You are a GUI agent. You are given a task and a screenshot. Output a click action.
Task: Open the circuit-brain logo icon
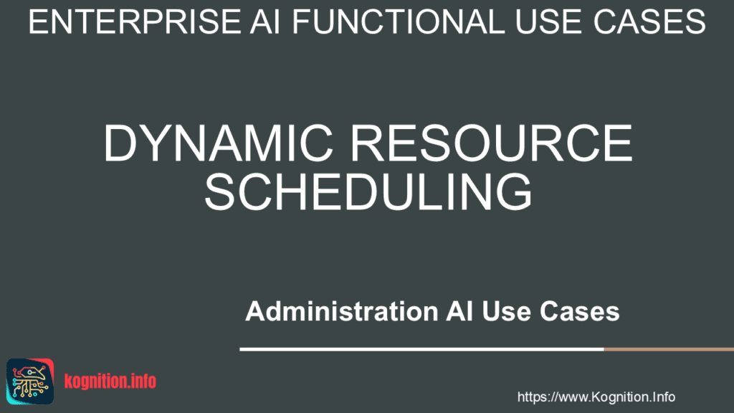pyautogui.click(x=30, y=379)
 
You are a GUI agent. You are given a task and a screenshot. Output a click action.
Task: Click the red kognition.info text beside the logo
pyautogui.click(x=110, y=381)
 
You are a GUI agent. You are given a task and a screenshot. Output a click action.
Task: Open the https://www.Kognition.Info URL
pyautogui.click(x=596, y=397)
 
